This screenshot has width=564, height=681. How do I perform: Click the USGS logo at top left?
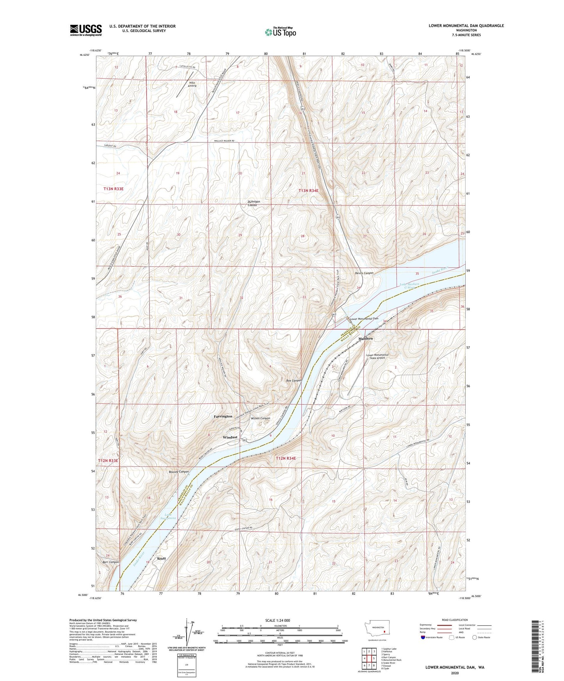point(86,30)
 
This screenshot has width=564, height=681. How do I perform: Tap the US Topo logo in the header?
point(280,32)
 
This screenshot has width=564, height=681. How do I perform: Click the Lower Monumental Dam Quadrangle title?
point(466,26)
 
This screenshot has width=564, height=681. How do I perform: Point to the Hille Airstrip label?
point(192,85)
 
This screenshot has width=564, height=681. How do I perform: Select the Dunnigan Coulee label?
point(254,203)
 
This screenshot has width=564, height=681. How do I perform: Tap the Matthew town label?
point(366,339)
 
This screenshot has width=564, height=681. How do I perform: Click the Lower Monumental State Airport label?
point(377,356)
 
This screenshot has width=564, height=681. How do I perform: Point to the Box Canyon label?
point(294,380)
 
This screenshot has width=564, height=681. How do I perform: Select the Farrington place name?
point(223,417)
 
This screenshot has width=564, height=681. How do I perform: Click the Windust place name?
point(230,437)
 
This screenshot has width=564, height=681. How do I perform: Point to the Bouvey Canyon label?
point(179,472)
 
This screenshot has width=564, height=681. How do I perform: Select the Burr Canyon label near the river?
point(110,562)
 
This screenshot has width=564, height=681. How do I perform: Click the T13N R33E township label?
point(114,189)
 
